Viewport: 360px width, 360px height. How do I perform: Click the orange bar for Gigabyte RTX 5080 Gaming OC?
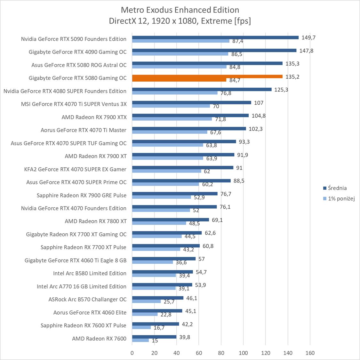(x=207, y=76)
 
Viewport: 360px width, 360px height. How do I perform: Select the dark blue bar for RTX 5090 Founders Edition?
(x=215, y=37)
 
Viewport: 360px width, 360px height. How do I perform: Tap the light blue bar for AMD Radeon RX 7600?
(x=140, y=340)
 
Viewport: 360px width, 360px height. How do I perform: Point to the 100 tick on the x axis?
(x=243, y=353)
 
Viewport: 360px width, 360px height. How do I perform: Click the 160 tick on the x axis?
(x=310, y=353)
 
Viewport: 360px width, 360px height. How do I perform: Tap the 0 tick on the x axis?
(x=132, y=353)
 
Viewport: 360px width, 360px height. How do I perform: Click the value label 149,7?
(x=308, y=37)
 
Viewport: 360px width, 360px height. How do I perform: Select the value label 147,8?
(x=306, y=51)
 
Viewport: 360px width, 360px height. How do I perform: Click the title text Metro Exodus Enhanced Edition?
(x=180, y=10)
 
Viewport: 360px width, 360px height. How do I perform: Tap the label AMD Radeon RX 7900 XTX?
(x=94, y=117)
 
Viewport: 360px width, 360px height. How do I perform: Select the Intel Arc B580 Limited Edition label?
(x=90, y=273)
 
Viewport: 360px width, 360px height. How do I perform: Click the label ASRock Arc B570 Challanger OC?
(x=87, y=300)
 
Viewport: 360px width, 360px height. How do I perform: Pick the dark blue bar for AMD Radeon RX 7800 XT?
(x=171, y=220)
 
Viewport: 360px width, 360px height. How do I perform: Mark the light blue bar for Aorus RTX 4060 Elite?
(x=145, y=314)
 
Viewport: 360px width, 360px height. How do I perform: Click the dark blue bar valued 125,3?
(x=202, y=90)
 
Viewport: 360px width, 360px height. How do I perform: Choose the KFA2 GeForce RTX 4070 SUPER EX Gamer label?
(x=75, y=169)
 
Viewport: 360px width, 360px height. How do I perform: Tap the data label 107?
(x=259, y=103)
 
